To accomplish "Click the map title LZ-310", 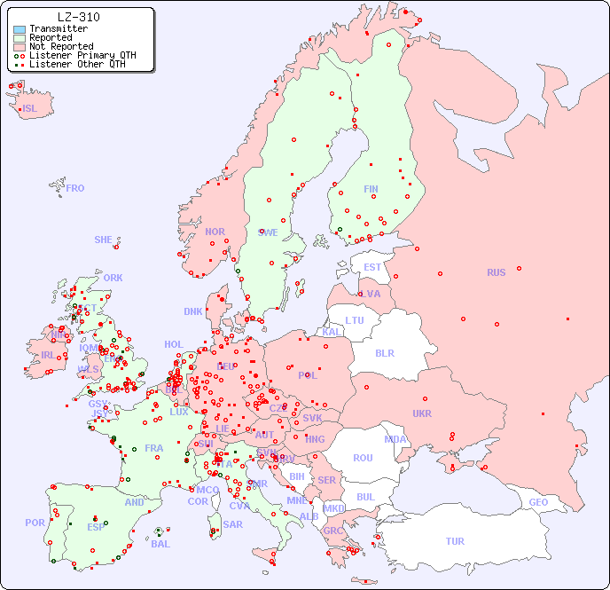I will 78,17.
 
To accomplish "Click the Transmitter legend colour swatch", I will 20,28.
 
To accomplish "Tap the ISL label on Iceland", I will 30,109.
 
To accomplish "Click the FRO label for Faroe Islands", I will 75,188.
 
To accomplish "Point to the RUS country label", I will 496,272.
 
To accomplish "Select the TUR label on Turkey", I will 455,541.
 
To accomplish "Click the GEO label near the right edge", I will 538,502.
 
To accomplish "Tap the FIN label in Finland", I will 371,189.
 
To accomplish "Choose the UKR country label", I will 422,413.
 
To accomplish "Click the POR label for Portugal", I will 35,523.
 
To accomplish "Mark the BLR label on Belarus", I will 385,352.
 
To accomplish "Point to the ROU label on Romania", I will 363,458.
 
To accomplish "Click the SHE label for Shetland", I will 104,240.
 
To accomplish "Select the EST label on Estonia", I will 372,267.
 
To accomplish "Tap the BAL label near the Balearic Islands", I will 160,544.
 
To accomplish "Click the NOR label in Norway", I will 215,232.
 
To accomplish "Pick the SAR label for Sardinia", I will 232,524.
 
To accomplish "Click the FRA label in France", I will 154,448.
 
